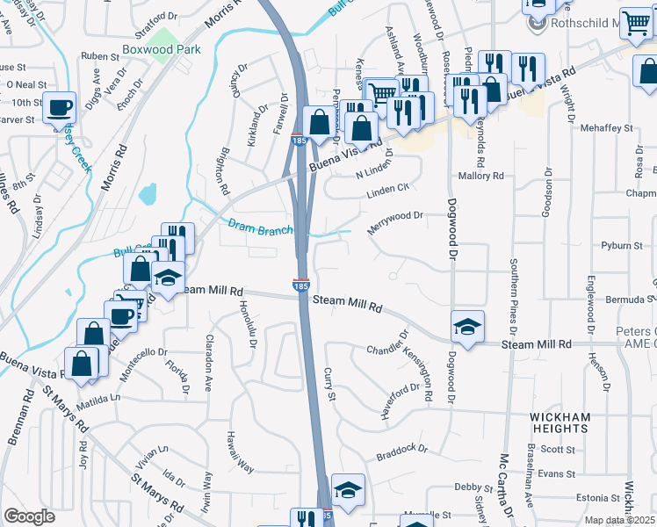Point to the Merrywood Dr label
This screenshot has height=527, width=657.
pos(395,216)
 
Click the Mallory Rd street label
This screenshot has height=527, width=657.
pos(486,176)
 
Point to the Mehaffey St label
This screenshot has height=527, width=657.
pos(606,128)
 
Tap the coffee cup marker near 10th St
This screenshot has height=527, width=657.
pos(60,107)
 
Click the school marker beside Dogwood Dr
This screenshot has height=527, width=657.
pos(468,327)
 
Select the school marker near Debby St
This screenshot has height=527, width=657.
pos(348,490)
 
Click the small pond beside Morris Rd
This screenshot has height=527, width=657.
pos(147,192)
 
